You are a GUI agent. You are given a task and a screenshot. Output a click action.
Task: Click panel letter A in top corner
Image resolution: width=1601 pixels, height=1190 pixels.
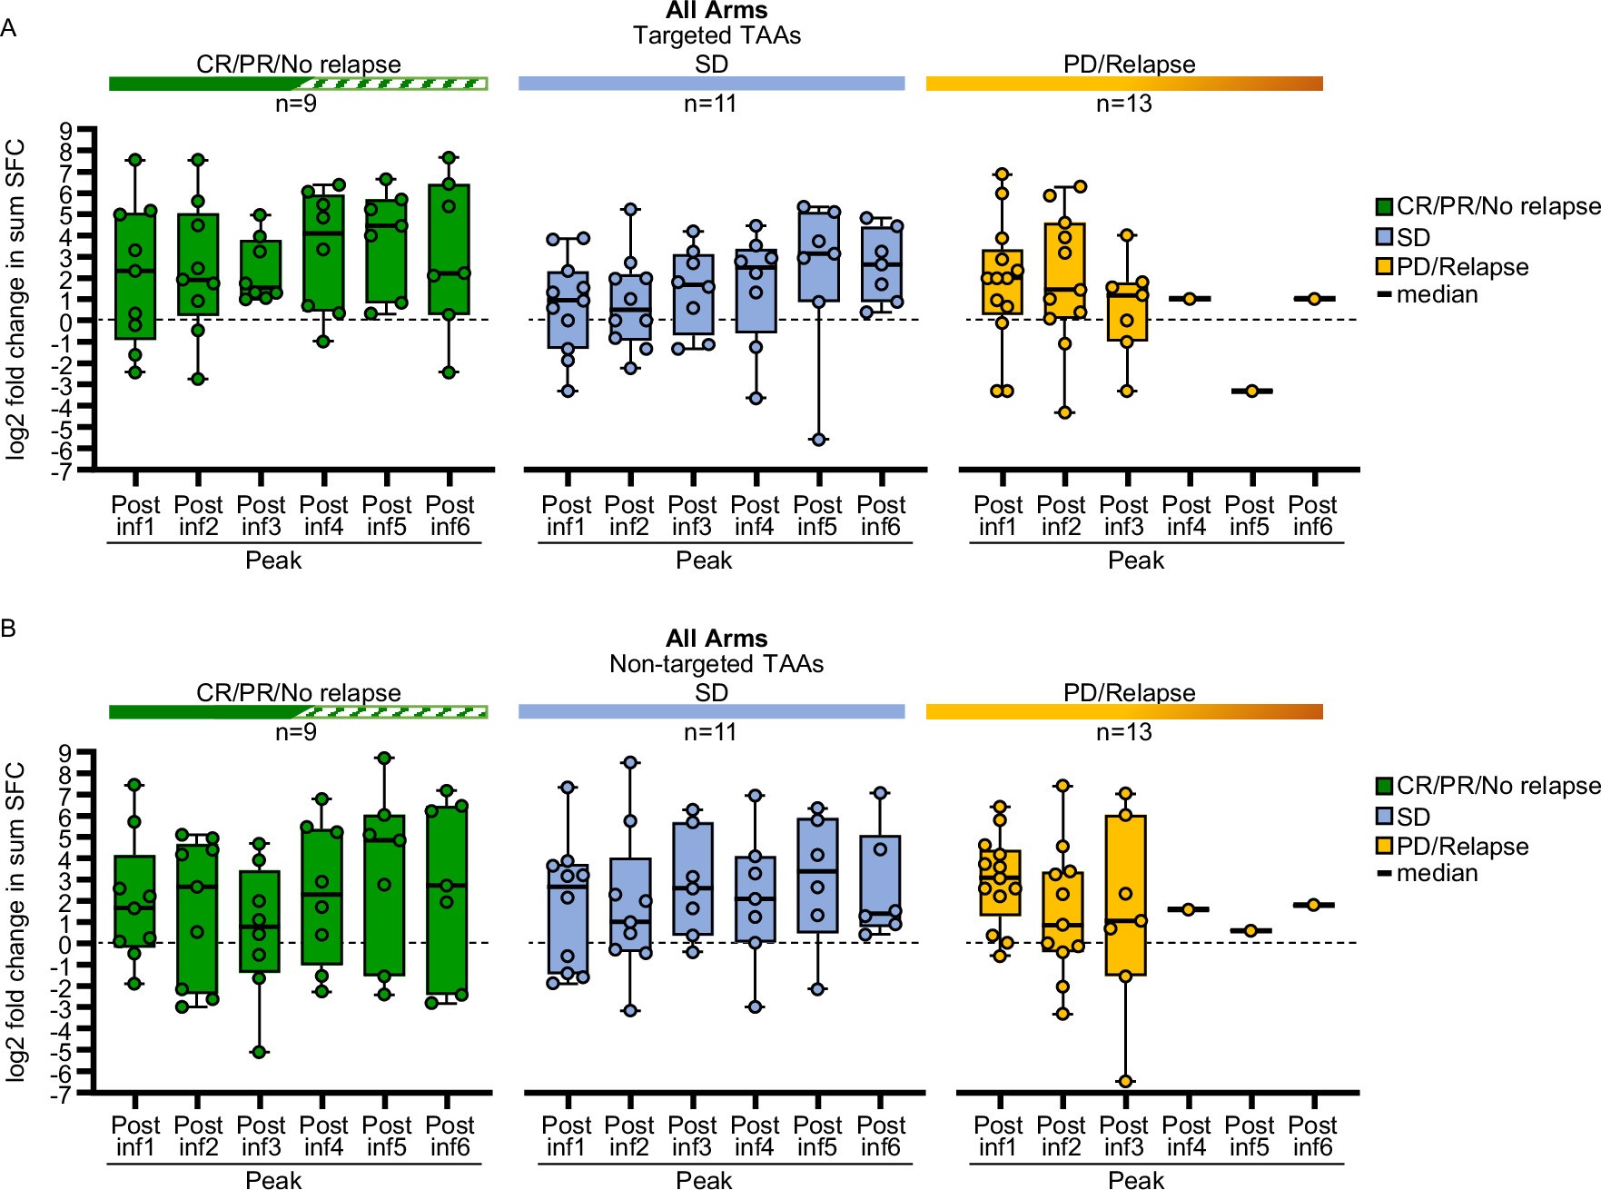[x=8, y=28]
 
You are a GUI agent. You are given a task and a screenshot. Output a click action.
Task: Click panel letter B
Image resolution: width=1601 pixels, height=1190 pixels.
[x=8, y=628]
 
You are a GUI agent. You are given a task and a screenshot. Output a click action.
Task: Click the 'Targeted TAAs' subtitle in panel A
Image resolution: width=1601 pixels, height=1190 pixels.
[x=716, y=35]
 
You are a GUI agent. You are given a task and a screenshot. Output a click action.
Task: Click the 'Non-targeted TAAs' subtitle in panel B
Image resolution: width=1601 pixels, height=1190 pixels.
[x=716, y=664]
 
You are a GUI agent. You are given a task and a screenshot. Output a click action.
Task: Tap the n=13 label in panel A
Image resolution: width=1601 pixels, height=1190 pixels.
[x=1123, y=104]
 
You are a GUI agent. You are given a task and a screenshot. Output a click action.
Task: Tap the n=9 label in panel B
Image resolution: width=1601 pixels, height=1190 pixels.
[x=296, y=732]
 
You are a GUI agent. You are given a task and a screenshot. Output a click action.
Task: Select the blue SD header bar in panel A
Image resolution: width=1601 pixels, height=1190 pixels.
[x=711, y=84]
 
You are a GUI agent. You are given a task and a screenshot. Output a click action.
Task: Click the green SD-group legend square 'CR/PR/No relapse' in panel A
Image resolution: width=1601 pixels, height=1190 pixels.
[x=1384, y=207]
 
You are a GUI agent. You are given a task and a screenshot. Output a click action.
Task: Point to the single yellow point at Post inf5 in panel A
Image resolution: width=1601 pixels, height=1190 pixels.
[x=1251, y=391]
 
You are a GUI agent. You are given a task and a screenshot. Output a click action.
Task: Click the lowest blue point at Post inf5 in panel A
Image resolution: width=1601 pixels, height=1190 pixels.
[x=817, y=440]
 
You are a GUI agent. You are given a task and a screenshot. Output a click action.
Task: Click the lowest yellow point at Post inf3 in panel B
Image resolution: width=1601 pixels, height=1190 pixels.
[x=1125, y=1081]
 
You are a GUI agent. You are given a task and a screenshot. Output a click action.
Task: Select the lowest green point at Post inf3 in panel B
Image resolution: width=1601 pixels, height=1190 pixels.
[x=260, y=1052]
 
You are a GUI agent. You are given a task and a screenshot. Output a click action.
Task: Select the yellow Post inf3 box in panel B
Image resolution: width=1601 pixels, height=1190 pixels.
[x=1125, y=895]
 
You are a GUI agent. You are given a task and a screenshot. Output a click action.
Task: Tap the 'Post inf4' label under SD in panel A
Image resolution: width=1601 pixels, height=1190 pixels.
[x=755, y=515]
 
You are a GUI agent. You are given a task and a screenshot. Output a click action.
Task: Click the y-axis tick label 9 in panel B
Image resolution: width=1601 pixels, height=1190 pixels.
[x=64, y=752]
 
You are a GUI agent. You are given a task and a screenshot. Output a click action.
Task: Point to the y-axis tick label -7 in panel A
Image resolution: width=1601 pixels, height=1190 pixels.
[x=61, y=471]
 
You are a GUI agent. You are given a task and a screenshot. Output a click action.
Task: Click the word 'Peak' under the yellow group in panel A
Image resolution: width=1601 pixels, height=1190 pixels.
[x=1135, y=560]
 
